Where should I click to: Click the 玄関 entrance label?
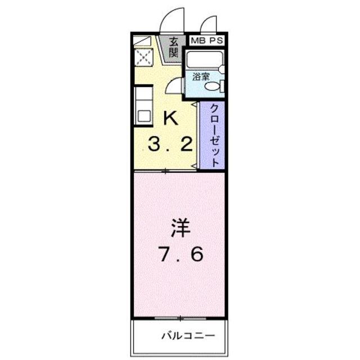coord(174,47)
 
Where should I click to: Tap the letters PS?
coord(216,40)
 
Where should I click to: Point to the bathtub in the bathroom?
coord(204,60)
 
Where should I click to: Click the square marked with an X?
coord(142,57)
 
